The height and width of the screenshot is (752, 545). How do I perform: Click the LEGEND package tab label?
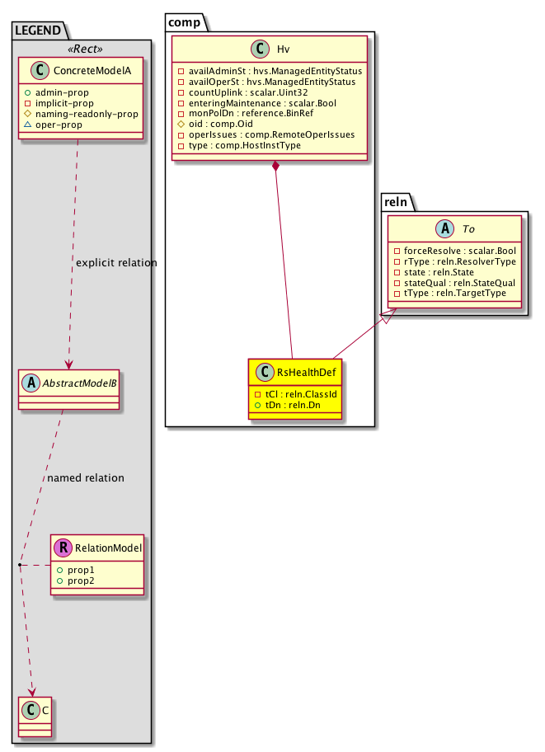(x=37, y=31)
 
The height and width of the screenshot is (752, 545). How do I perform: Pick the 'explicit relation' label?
(x=115, y=262)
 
